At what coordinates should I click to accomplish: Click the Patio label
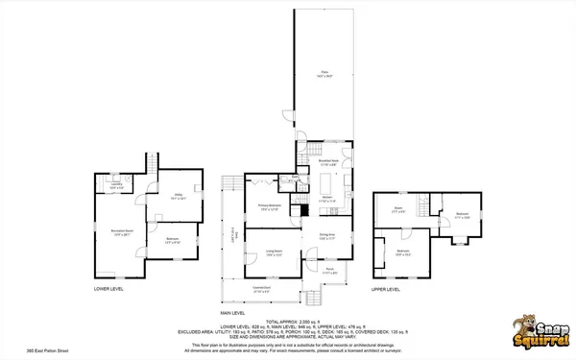pos(325,73)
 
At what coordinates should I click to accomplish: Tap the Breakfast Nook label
pos(326,162)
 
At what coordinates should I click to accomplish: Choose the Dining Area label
pos(327,236)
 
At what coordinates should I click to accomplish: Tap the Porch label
pos(328,272)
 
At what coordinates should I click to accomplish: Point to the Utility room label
pos(179,195)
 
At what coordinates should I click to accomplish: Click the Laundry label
pos(116,187)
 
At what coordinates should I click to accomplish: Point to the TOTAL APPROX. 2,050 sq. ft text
pos(288,321)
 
